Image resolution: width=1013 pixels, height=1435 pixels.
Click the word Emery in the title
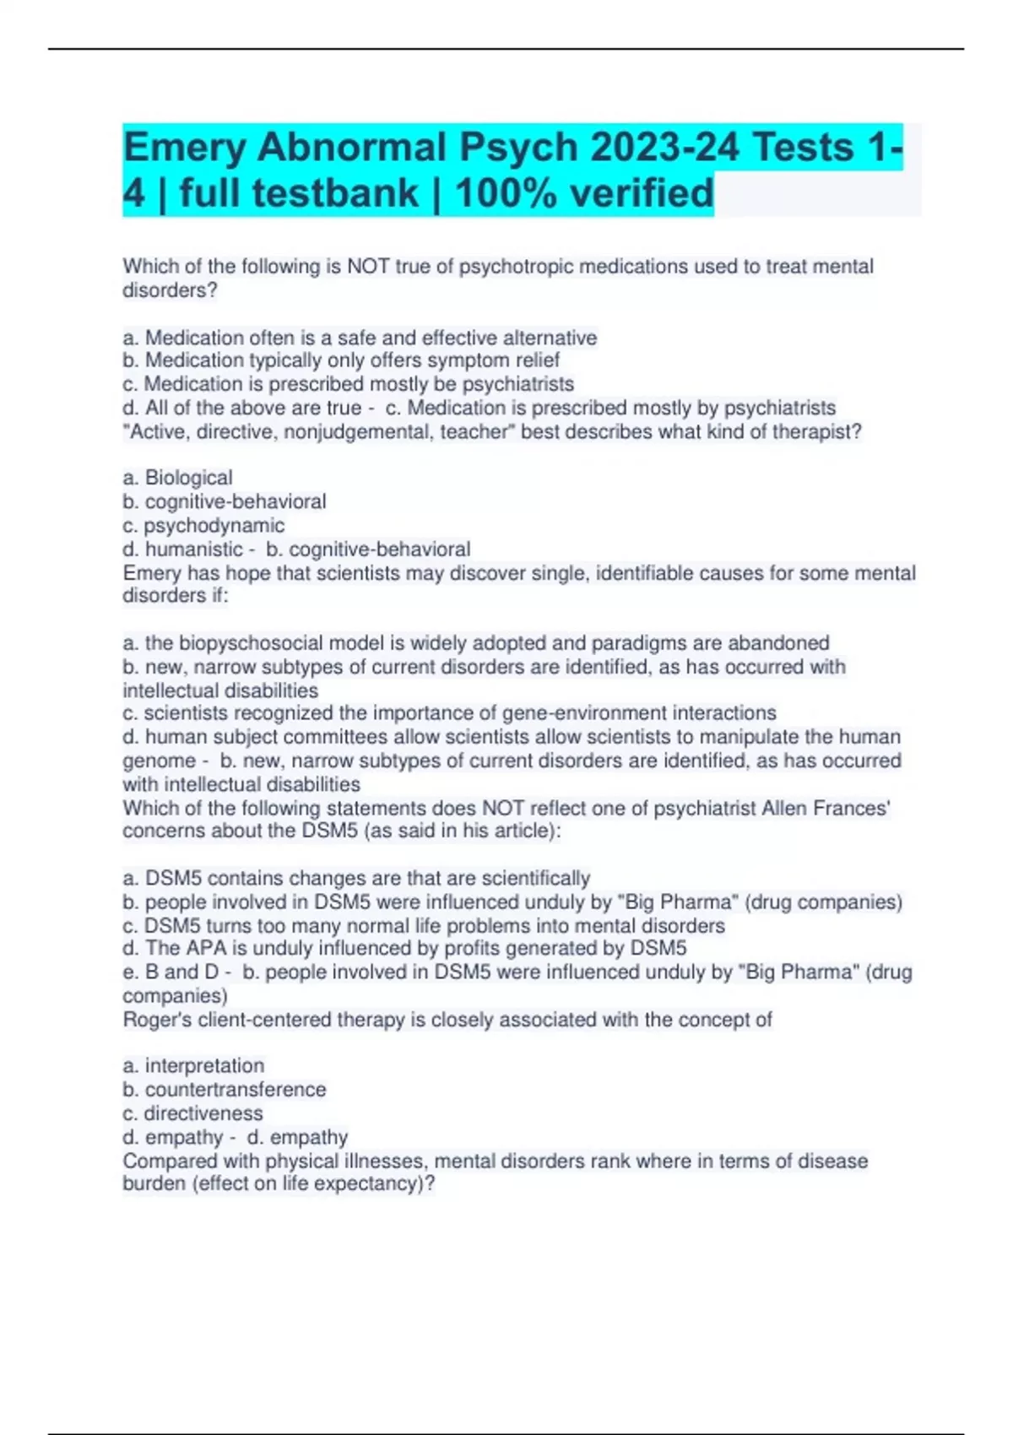184,149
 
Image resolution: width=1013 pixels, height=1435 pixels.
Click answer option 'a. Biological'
177,478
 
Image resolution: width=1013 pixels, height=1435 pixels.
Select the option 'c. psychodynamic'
203,525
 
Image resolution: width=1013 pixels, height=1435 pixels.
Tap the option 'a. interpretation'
193,1066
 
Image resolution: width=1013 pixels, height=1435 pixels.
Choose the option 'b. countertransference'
224,1090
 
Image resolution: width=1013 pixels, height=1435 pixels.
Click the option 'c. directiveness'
192,1113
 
